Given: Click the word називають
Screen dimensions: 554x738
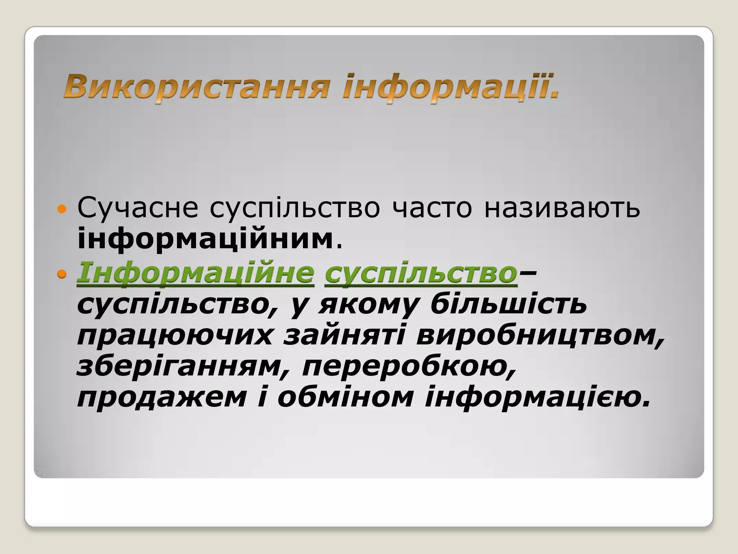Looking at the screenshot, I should coord(562,208).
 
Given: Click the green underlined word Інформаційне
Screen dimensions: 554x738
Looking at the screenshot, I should coord(195,273).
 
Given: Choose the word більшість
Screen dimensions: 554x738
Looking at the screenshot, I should coord(508,304).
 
